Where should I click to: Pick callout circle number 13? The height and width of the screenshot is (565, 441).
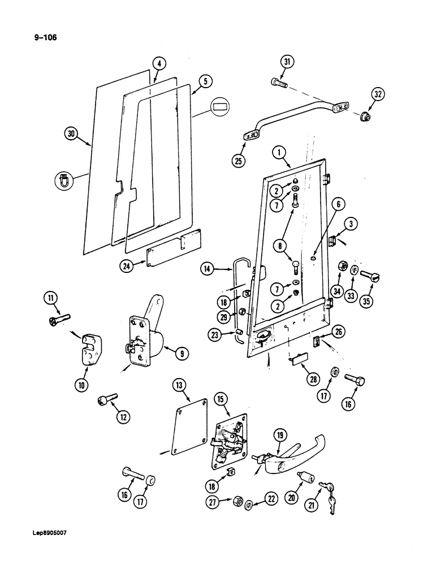180,387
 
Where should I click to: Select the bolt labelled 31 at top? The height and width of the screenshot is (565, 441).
279,84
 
